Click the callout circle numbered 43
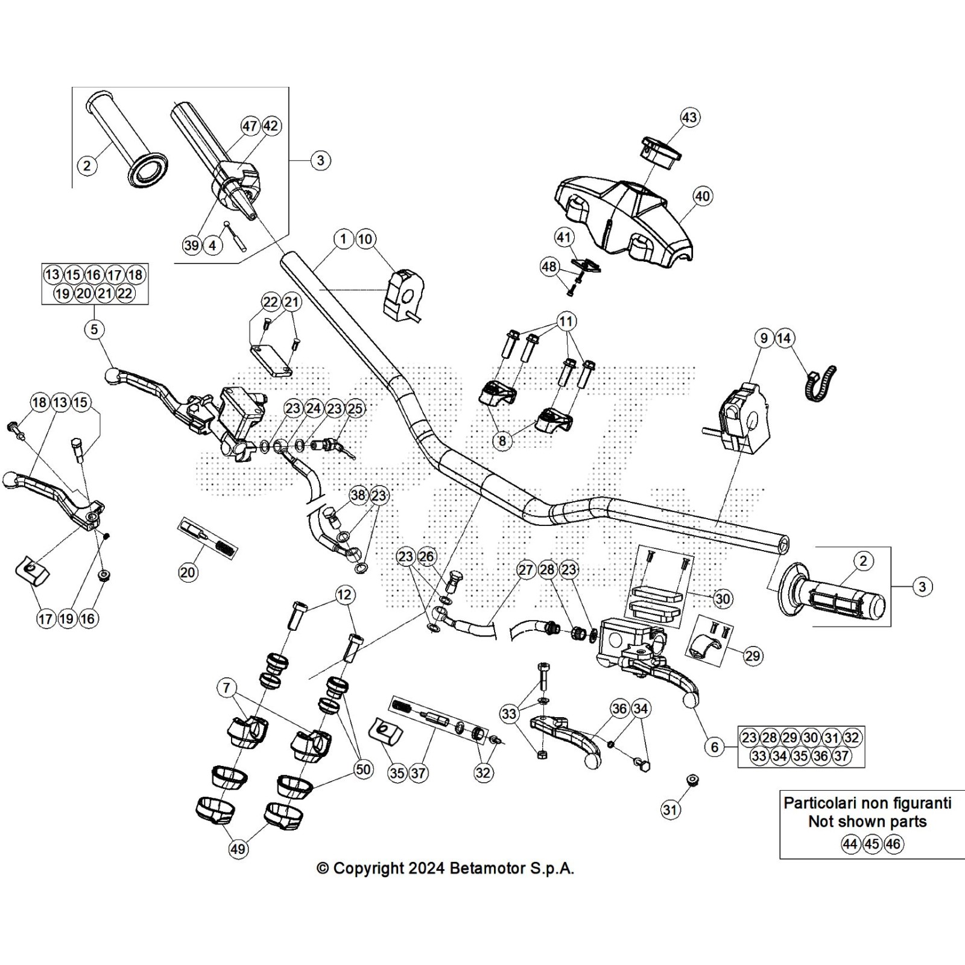coord(689,117)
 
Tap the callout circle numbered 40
coord(703,196)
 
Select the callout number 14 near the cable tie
coord(784,338)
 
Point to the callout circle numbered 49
coord(238,849)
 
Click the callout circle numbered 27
coord(527,570)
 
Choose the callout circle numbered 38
coord(358,495)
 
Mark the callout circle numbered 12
coord(344,595)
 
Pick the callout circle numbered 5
coord(94,329)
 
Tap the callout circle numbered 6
coord(715,747)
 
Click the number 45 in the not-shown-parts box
coord(872,844)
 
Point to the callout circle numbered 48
coord(549,267)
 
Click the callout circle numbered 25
coord(355,408)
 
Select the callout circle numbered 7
coord(226,688)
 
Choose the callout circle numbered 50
coord(363,770)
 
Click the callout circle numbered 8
coord(502,441)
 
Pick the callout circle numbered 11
coord(566,321)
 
